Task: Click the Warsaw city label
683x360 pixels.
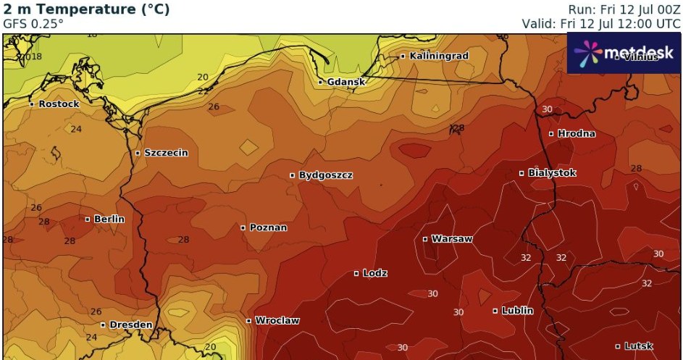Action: (452, 239)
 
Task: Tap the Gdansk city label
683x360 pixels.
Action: (346, 83)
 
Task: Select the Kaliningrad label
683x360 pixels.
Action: (439, 56)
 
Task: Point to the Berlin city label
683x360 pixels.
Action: (109, 219)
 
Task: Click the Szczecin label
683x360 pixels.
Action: (166, 153)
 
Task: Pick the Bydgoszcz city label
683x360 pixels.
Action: (326, 175)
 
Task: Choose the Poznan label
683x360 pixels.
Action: (268, 227)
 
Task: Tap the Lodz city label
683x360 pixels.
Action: (375, 273)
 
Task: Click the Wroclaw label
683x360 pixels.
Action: (277, 320)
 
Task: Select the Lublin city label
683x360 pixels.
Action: (517, 311)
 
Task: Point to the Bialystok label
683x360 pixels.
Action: (552, 173)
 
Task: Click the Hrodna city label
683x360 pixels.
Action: (577, 133)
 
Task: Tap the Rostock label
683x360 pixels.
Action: (59, 104)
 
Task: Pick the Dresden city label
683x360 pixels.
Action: (130, 325)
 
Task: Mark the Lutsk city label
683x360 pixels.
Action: (639, 346)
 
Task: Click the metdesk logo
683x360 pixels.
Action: (624, 52)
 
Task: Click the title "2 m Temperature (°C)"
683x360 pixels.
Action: (87, 9)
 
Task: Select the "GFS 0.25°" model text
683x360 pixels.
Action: (33, 23)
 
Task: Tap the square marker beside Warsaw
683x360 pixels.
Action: (425, 239)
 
